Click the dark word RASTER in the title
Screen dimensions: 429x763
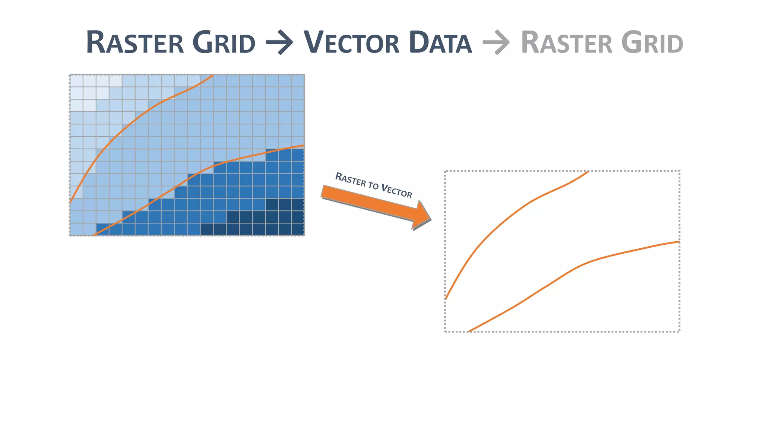[135, 43]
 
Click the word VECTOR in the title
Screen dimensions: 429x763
[351, 43]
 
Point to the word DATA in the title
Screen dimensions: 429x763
[440, 43]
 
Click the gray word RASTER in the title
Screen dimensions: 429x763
[566, 43]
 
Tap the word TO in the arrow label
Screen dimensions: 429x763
[373, 185]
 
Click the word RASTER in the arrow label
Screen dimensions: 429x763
[351, 179]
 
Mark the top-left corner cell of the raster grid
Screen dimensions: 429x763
[76, 81]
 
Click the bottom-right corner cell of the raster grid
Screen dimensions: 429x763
[298, 229]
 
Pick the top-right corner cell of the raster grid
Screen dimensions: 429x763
[298, 81]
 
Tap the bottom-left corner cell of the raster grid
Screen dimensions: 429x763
[76, 229]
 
